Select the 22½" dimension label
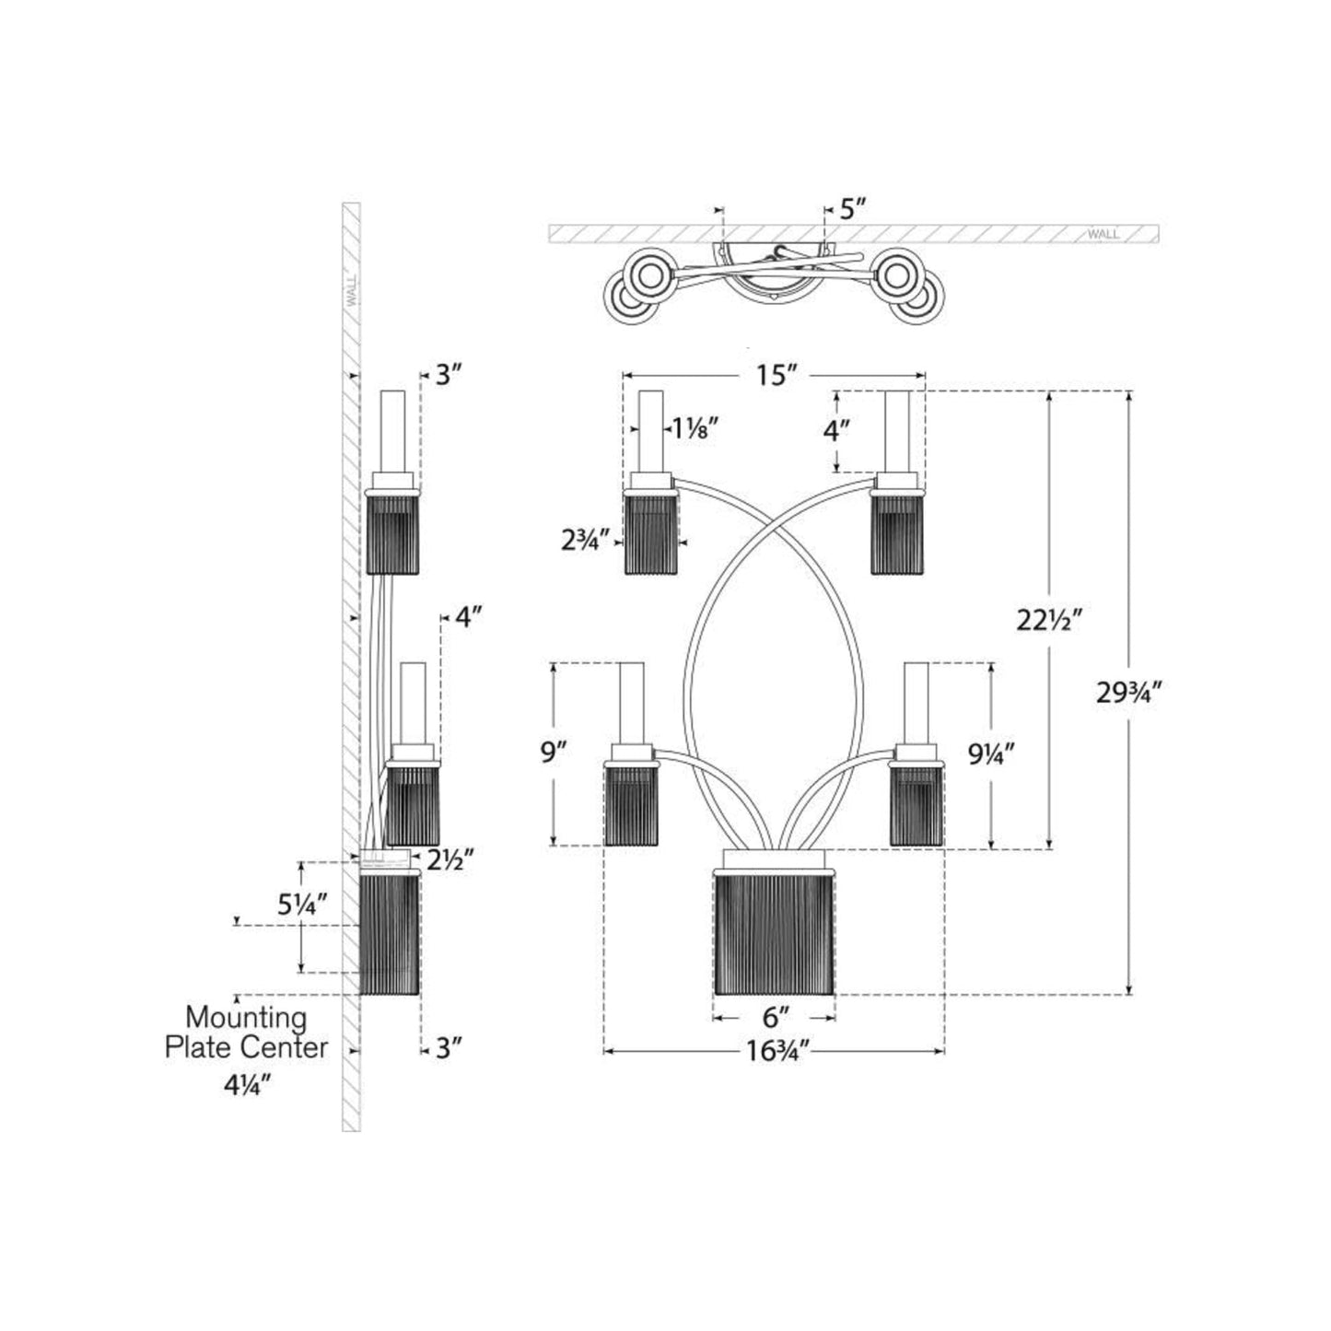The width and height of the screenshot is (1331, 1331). pos(1047,620)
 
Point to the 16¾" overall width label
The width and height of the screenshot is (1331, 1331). pos(776,1051)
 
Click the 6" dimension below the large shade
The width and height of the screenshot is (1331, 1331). pos(776,1017)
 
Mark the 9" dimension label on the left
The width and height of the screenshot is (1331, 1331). pos(552,753)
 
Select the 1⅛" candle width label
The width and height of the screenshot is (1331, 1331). pos(692,428)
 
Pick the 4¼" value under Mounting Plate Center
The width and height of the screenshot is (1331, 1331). pos(246,1085)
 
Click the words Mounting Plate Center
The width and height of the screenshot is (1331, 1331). pos(246,1033)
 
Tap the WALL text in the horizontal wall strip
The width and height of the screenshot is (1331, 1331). pos(1103,234)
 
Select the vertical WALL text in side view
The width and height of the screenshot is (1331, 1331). pos(351,293)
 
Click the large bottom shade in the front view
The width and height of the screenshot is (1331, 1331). pos(775,932)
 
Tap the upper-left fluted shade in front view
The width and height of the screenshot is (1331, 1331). pos(652,533)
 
